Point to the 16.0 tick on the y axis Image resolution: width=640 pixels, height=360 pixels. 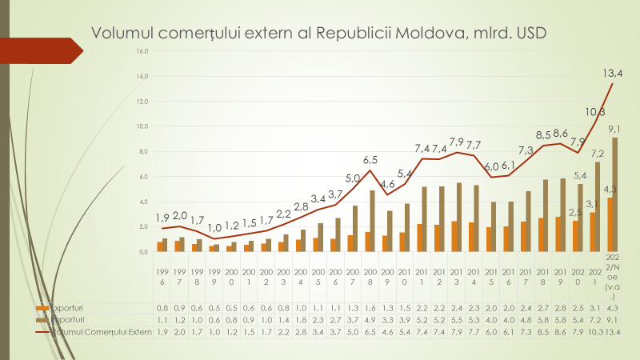[x=142, y=51]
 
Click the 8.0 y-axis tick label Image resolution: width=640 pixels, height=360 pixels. [x=143, y=151]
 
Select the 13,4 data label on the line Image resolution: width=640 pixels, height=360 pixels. [x=614, y=73]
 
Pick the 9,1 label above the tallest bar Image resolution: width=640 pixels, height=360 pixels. [x=616, y=128]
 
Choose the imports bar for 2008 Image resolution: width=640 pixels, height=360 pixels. [x=372, y=221]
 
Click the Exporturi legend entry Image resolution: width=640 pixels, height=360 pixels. [x=68, y=307]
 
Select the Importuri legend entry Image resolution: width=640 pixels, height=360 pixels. [x=68, y=318]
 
